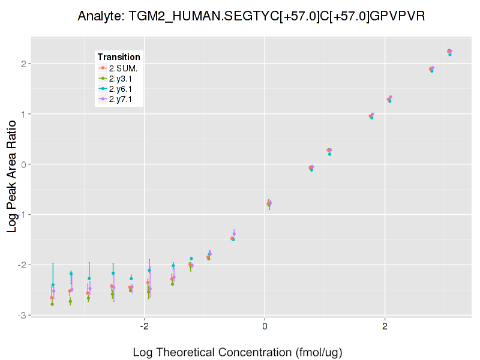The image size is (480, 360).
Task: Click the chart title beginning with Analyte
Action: click(x=252, y=16)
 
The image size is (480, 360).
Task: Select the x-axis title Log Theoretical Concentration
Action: click(x=237, y=352)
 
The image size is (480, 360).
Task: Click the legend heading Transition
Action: click(x=119, y=57)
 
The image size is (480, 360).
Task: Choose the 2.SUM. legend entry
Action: click(x=123, y=68)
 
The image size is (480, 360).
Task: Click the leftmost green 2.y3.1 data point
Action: click(x=52, y=304)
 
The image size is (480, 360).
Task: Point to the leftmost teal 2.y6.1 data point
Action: click(x=53, y=285)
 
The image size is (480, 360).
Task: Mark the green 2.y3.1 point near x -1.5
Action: click(x=172, y=284)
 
